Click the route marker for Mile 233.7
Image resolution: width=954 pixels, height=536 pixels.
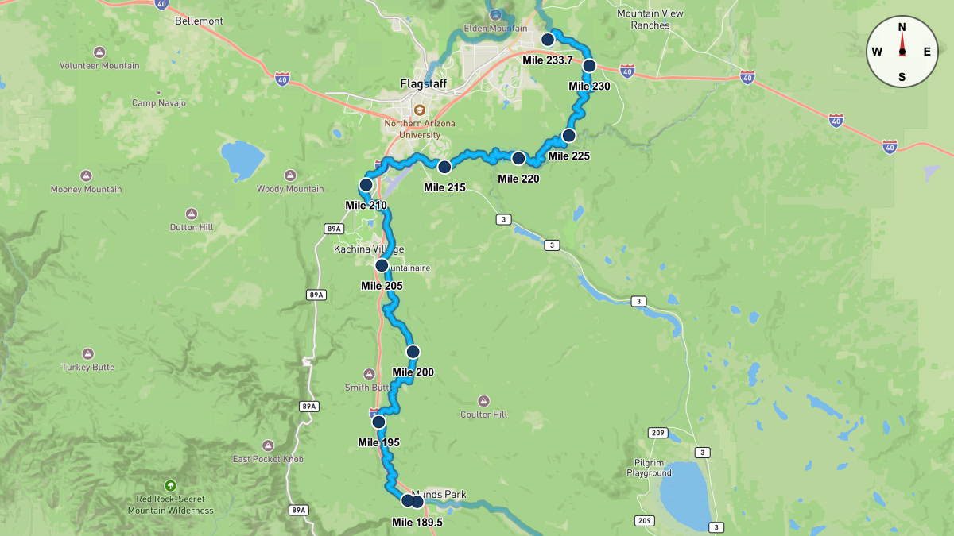point(547,40)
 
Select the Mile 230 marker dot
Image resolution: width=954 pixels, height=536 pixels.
point(589,66)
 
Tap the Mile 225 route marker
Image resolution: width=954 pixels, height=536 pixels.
point(568,136)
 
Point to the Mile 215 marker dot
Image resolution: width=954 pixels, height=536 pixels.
point(444,167)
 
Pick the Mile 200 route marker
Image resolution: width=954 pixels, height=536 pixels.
point(413,352)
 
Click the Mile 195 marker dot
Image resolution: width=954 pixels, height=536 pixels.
point(378,422)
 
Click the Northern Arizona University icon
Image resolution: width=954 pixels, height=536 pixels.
point(420,110)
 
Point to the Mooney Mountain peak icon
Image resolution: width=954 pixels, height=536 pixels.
point(86,175)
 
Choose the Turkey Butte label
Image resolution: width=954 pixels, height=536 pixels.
point(88,368)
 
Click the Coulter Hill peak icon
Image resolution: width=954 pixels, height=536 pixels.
point(483,401)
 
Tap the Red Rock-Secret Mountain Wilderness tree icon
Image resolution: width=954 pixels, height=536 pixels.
point(169,485)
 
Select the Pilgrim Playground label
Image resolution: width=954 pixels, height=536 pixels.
point(653,468)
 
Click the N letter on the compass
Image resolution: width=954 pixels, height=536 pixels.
point(902,27)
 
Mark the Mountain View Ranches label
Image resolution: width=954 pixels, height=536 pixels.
point(650,19)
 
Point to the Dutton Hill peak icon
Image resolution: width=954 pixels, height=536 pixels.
point(192,214)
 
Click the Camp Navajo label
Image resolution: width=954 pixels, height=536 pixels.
point(159,103)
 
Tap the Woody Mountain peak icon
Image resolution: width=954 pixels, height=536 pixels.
point(289,175)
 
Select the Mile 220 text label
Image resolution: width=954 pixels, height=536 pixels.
point(518,179)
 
